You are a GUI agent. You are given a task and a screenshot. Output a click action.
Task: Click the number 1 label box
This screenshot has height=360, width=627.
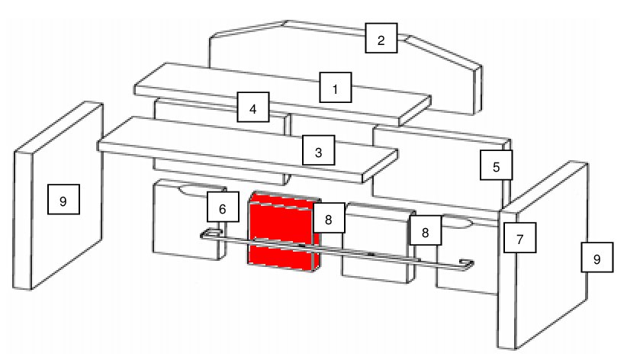pos(336,87)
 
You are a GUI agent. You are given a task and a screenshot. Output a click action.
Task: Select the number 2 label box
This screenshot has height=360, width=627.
pos(381,38)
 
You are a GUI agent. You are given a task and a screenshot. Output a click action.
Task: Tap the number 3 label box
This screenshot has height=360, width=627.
pos(318,150)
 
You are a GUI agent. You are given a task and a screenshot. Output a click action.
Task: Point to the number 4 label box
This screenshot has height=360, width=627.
pos(253,107)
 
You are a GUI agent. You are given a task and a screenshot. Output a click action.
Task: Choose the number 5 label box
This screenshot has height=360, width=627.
pos(497,165)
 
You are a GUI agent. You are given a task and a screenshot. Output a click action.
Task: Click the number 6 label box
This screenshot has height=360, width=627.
pos(223,207)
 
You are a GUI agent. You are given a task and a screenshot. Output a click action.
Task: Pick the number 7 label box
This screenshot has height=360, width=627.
pos(520,238)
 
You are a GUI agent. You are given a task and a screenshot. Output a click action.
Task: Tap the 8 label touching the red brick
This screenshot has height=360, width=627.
pos(329,217)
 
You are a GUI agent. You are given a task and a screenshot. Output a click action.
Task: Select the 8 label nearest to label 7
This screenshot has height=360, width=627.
pos(426,230)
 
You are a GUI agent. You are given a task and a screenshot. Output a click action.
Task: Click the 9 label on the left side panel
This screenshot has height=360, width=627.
pos(63,199)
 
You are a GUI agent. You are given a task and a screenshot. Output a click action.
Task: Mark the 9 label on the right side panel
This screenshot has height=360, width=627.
pos(597,257)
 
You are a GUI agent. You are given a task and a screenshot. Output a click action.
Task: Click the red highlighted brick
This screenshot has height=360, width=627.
pos(284,231)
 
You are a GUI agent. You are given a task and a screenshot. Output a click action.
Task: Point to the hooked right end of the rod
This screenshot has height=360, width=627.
pos(467,265)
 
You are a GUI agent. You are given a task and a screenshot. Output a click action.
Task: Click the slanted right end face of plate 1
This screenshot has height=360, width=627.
pos(415,111)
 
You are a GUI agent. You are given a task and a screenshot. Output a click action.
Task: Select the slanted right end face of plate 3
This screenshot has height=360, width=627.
pos(380,166)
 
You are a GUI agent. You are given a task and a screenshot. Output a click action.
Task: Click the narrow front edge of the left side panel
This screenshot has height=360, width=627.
pos(23,220)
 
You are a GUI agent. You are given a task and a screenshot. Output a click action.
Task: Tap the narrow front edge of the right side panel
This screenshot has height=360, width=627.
pos(507,279)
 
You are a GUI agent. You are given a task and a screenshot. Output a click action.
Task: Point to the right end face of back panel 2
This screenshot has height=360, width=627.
pos(477,89)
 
